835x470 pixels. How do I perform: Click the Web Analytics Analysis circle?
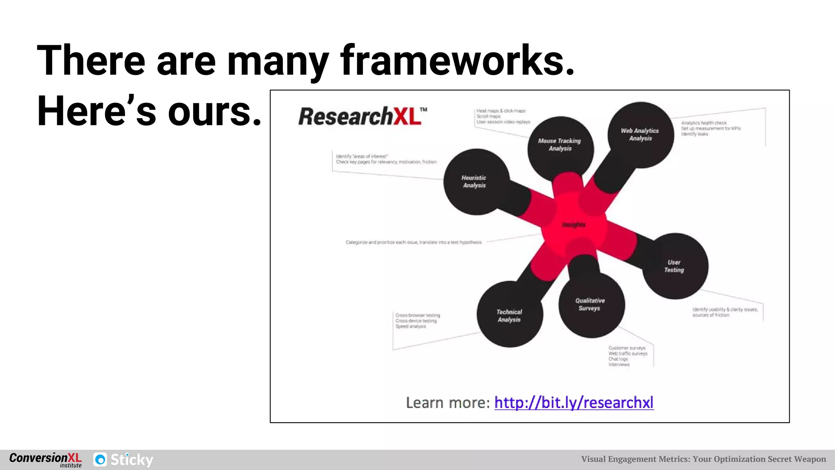tap(640, 135)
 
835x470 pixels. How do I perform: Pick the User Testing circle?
tap(675, 266)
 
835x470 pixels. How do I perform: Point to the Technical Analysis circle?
tap(510, 315)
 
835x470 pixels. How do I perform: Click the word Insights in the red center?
tap(574, 225)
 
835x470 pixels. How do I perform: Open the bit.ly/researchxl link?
tap(574, 403)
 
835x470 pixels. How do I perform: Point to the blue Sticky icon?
tap(100, 460)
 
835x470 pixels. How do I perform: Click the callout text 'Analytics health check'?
tap(704, 123)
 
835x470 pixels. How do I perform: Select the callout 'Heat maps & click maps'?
tap(501, 111)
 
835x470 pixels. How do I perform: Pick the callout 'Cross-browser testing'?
tap(417, 315)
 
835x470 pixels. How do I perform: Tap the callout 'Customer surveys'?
tap(627, 348)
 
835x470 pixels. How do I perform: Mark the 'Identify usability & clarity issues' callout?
tap(725, 310)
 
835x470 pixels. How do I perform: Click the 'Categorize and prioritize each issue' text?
tap(413, 242)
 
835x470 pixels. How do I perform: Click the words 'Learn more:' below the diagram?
tap(448, 403)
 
